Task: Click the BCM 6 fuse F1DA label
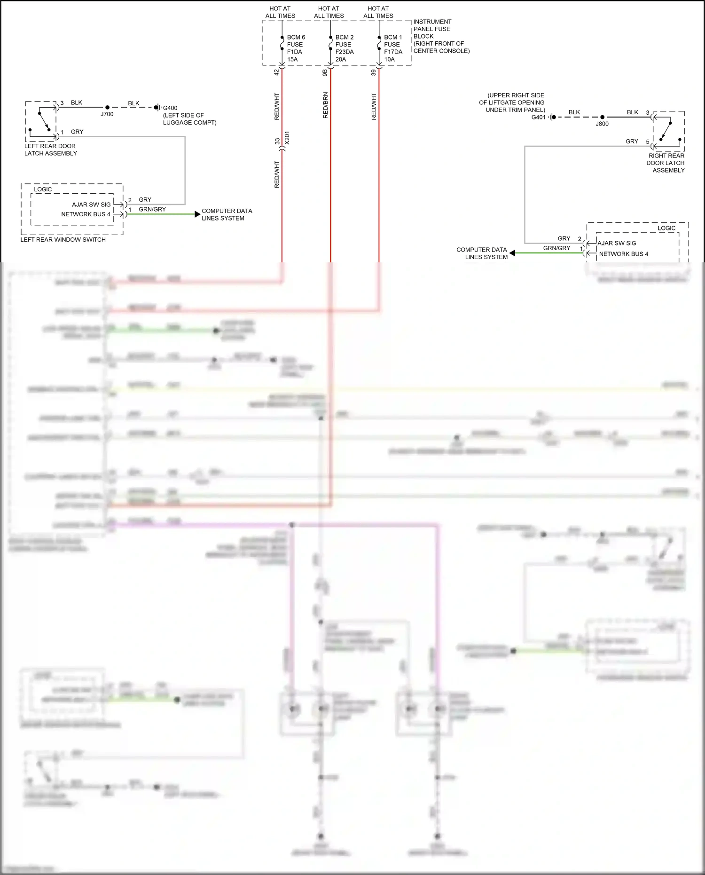(x=296, y=48)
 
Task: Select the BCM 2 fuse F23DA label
(x=344, y=48)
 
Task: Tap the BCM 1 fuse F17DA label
(x=393, y=48)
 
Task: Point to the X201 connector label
(x=287, y=138)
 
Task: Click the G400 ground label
(x=170, y=108)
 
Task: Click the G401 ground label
(x=538, y=117)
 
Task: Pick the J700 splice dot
(x=107, y=108)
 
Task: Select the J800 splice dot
(x=602, y=117)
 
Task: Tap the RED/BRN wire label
(x=325, y=105)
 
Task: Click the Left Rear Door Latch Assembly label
(x=50, y=150)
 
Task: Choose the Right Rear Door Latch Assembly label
(x=666, y=163)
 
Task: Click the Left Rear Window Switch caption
(x=63, y=239)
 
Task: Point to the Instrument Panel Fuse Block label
(x=441, y=36)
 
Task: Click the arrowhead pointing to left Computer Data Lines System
(x=197, y=214)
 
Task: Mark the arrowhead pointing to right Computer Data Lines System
(x=512, y=253)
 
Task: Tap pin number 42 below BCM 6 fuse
(x=276, y=72)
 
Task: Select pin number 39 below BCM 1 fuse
(x=374, y=72)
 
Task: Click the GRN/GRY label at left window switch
(x=152, y=209)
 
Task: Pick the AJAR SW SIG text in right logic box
(x=617, y=243)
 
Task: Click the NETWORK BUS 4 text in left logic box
(x=86, y=214)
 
